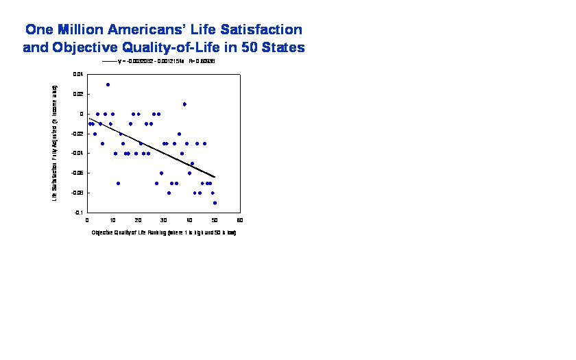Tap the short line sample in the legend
pyautogui.click(x=109, y=62)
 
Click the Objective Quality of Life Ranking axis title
pyautogui.click(x=163, y=232)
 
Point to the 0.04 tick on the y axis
pyautogui.click(x=78, y=74)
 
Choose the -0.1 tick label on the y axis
pyautogui.click(x=79, y=213)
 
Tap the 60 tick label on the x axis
pyautogui.click(x=240, y=220)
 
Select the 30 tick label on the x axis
pyautogui.click(x=163, y=220)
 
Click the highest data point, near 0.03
pyautogui.click(x=108, y=84)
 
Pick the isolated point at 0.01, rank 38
pyautogui.click(x=184, y=104)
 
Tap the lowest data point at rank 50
pyautogui.click(x=215, y=203)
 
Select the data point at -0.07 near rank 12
pyautogui.click(x=118, y=183)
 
